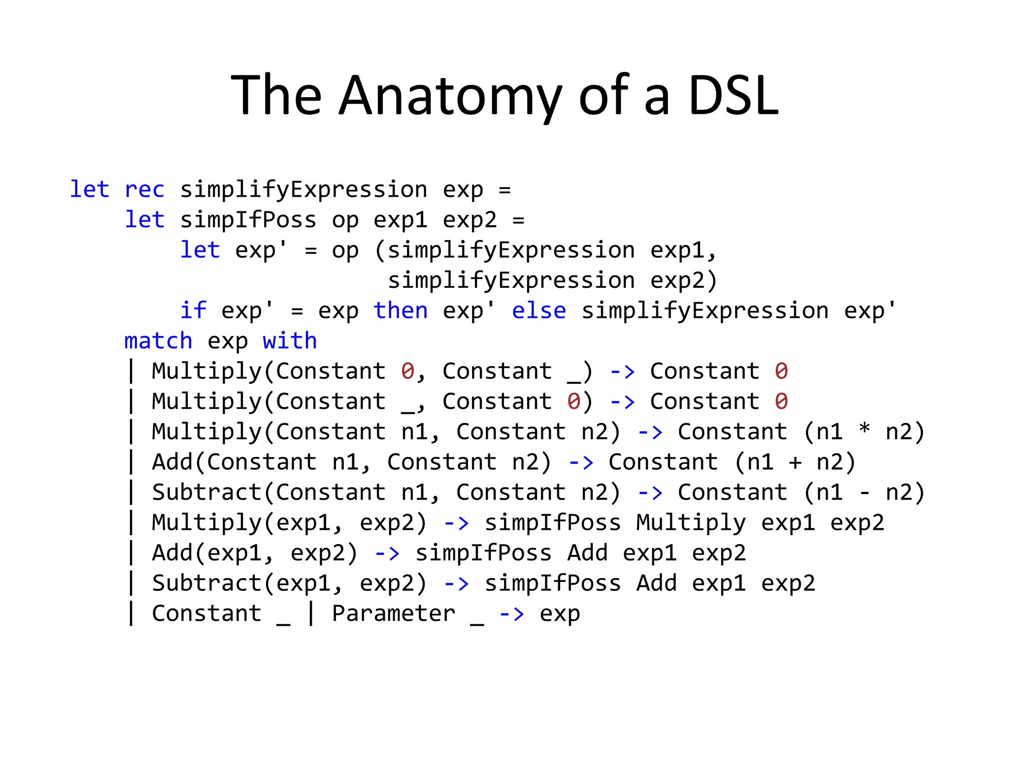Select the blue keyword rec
[x=144, y=190]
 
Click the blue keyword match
[x=158, y=341]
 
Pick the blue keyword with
[x=290, y=341]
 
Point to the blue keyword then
[x=401, y=311]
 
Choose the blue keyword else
[x=539, y=311]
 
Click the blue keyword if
[x=193, y=311]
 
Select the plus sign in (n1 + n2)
[x=795, y=462]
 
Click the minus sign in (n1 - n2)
[x=864, y=492]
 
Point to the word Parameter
[x=394, y=614]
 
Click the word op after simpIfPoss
[x=345, y=221]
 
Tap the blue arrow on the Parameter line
[x=512, y=614]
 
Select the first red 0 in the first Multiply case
[x=407, y=371]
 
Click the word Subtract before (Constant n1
[x=206, y=492]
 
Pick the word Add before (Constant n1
[x=172, y=462]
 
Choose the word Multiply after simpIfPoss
[x=691, y=523]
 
